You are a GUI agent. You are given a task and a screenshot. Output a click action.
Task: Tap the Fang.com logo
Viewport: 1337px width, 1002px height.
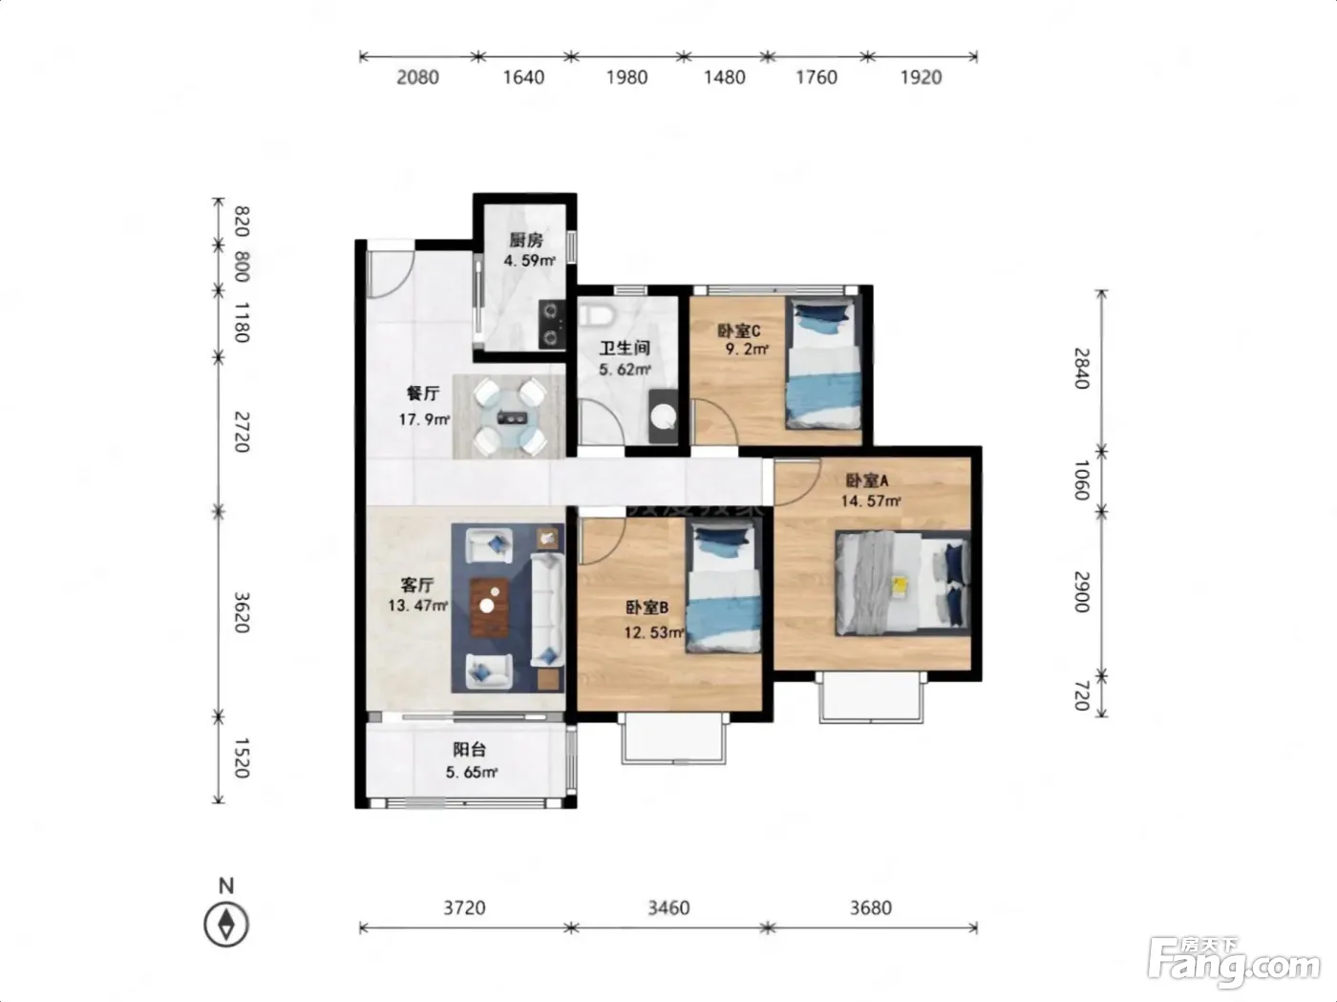1234,964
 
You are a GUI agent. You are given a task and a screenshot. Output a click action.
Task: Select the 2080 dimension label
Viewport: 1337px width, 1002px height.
417,77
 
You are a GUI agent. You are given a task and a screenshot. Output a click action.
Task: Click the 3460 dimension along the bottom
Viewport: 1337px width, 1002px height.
668,907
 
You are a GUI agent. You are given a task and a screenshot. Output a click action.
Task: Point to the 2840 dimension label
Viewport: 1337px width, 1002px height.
1081,368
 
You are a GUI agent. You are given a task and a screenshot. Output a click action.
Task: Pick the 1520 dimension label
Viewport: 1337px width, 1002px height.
242,757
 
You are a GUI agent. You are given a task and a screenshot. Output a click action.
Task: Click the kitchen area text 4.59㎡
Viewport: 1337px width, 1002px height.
529,261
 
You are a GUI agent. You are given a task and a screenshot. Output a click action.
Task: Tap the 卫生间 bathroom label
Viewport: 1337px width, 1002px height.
625,348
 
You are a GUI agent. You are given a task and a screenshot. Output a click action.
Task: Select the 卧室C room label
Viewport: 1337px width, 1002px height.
738,330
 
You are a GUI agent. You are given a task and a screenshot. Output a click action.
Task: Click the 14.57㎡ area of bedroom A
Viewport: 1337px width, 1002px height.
870,501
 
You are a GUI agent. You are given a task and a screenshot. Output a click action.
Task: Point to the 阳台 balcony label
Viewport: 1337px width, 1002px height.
469,749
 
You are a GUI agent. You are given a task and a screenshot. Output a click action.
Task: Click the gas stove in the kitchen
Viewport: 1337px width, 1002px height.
551,324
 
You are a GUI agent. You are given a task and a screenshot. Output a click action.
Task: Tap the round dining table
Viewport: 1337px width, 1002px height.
510,417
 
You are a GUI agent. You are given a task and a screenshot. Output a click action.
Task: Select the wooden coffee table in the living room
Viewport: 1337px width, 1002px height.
490,608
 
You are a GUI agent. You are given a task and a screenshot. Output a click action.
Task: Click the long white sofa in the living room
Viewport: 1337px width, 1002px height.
547,609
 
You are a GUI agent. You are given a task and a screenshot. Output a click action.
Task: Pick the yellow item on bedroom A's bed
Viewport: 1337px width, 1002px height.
899,586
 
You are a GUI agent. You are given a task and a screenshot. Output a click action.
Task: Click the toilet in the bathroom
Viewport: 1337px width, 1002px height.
596,314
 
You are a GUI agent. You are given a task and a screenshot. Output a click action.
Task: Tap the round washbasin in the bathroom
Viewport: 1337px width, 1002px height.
663,417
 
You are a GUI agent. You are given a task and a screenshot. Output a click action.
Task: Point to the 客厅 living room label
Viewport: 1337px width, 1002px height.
416,585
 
